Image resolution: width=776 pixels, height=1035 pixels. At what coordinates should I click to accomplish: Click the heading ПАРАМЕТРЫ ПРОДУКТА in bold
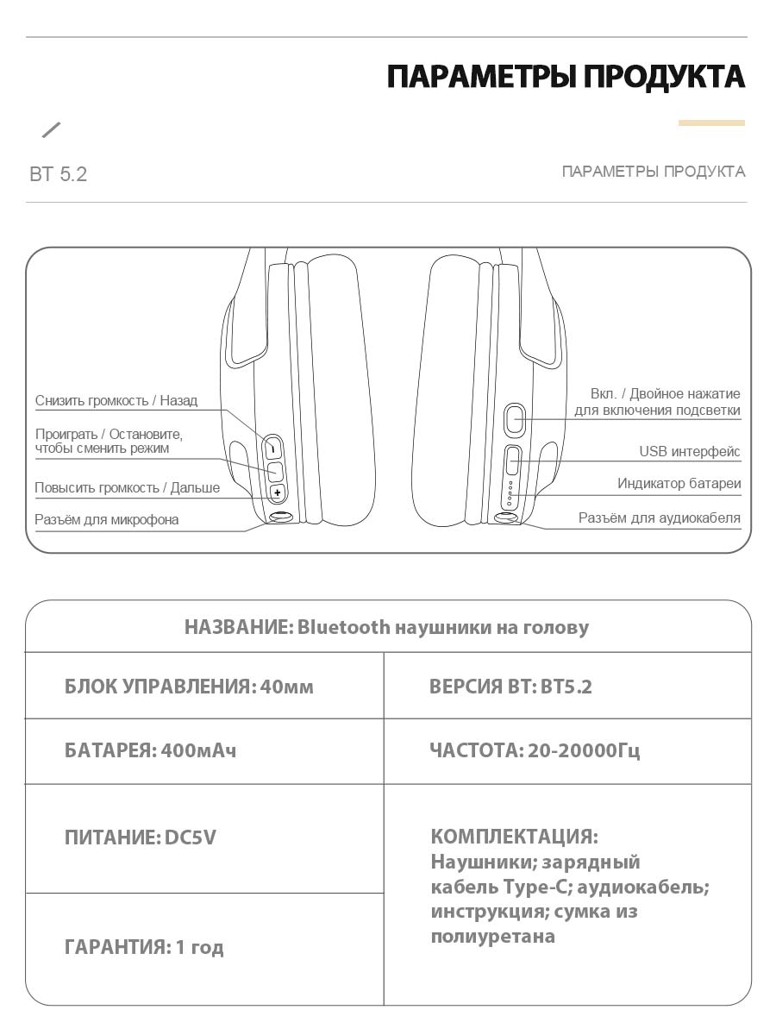pyautogui.click(x=566, y=77)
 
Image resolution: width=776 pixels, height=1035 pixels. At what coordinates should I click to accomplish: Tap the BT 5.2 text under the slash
pyautogui.click(x=59, y=174)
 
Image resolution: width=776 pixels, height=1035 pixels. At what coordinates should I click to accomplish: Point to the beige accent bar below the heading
pyautogui.click(x=711, y=123)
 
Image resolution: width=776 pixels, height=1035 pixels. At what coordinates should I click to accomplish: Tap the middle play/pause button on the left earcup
pyautogui.click(x=275, y=471)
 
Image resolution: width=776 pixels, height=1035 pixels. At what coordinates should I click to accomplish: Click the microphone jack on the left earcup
pyautogui.click(x=280, y=517)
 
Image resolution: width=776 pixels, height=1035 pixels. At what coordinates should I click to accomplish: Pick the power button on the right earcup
pyautogui.click(x=515, y=419)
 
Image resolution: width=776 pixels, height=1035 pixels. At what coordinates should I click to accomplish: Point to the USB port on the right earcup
pyautogui.click(x=512, y=461)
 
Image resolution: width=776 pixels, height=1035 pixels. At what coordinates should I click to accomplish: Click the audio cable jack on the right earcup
pyautogui.click(x=507, y=517)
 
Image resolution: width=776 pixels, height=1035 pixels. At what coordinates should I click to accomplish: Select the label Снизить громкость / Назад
pyautogui.click(x=116, y=401)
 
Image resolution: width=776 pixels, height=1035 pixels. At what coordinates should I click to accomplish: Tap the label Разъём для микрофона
pyautogui.click(x=107, y=520)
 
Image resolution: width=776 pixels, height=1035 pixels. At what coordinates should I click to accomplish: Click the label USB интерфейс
pyautogui.click(x=690, y=452)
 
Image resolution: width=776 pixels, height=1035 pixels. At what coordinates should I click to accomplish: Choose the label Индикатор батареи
pyautogui.click(x=679, y=484)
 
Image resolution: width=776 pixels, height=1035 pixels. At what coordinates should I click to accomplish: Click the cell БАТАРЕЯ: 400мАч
pyautogui.click(x=150, y=750)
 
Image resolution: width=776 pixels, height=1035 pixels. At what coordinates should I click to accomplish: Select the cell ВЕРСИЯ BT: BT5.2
pyautogui.click(x=510, y=687)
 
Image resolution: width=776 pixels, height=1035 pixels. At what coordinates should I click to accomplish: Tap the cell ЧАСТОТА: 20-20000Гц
pyautogui.click(x=535, y=750)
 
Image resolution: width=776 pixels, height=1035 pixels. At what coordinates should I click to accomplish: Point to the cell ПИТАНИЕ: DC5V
pyautogui.click(x=140, y=837)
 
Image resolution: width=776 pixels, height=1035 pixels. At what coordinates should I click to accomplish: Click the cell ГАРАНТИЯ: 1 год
pyautogui.click(x=144, y=947)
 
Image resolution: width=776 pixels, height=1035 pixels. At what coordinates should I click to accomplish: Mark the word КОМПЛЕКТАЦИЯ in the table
pyautogui.click(x=514, y=837)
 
